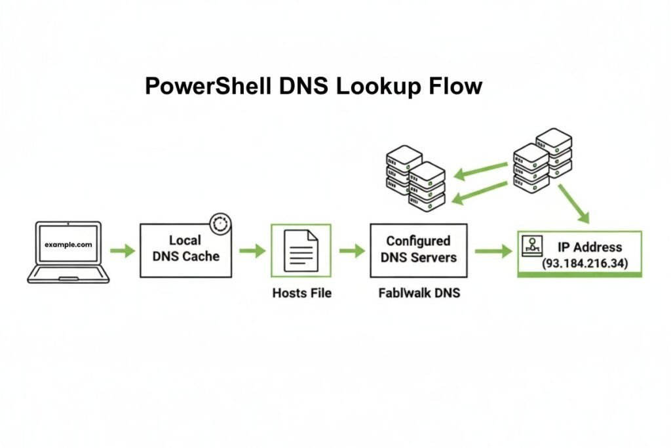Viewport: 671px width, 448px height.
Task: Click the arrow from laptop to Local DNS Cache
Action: click(x=121, y=251)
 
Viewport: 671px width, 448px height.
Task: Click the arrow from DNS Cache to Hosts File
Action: click(x=252, y=251)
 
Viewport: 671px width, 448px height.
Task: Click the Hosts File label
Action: click(x=301, y=293)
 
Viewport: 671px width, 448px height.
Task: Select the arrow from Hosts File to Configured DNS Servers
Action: click(x=351, y=251)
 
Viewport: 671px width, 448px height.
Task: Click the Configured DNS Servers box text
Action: click(x=418, y=249)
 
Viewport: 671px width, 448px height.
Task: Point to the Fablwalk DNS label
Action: click(x=419, y=293)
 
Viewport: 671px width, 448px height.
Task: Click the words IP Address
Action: click(x=589, y=247)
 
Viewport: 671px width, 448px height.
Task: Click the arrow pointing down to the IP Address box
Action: click(x=575, y=204)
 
